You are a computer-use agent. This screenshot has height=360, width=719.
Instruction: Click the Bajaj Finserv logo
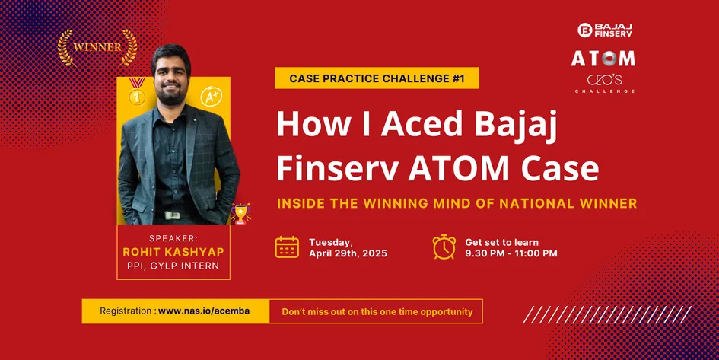(x=605, y=30)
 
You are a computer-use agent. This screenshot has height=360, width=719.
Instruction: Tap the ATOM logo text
(x=603, y=59)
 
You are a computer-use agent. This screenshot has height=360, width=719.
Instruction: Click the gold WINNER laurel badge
(x=97, y=48)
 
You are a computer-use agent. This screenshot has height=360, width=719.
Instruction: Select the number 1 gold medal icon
(x=137, y=92)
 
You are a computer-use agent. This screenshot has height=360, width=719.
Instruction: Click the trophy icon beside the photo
(x=240, y=213)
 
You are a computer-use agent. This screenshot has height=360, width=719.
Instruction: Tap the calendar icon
(x=287, y=247)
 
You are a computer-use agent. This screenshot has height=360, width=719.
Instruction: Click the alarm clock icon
(x=444, y=247)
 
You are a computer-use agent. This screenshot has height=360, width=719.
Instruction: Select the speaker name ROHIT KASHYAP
(x=173, y=252)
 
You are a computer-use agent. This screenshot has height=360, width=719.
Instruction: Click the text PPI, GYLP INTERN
(x=173, y=266)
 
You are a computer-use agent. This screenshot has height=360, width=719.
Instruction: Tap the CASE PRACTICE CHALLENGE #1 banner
(x=377, y=78)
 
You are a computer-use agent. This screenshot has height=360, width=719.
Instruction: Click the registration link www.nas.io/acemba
(x=204, y=311)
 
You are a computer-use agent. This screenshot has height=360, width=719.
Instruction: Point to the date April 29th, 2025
(x=348, y=253)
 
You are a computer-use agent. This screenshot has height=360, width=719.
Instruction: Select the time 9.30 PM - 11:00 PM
(x=511, y=253)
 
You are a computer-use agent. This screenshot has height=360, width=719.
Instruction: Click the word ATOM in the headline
(x=460, y=169)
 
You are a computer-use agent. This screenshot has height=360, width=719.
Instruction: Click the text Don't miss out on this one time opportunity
(x=377, y=312)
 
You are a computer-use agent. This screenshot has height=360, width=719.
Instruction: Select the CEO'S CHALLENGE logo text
(x=605, y=84)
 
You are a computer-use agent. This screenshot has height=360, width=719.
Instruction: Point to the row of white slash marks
(x=607, y=314)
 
